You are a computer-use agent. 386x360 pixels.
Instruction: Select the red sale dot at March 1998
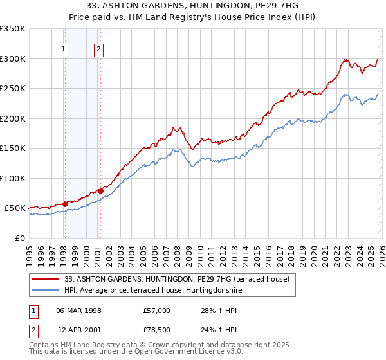click(65, 204)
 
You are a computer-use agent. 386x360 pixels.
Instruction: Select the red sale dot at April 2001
click(100, 191)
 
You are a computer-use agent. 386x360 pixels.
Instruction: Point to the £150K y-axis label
click(13, 148)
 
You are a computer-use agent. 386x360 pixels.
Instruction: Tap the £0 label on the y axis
click(19, 238)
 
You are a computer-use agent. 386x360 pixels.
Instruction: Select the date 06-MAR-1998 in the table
click(79, 310)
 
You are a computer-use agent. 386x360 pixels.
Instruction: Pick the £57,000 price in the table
click(157, 310)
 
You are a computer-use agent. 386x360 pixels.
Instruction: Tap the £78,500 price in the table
click(157, 330)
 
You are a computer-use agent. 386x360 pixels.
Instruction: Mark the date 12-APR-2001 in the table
click(79, 330)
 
